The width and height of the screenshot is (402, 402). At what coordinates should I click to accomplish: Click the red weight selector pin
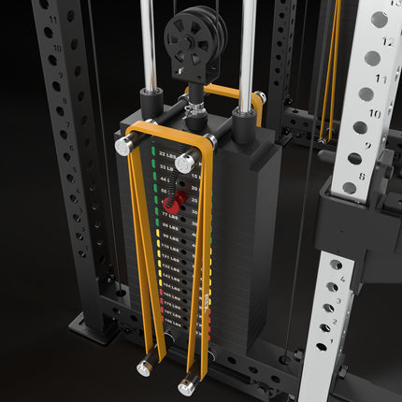pos(171,201)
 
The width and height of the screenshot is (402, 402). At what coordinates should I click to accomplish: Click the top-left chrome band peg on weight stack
pos(123,145)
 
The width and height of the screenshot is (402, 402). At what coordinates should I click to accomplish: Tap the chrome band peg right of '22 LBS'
pos(186,162)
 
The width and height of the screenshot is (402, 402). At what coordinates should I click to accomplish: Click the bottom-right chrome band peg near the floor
pos(188,383)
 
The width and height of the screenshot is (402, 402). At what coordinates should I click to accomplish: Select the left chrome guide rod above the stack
pos(148,42)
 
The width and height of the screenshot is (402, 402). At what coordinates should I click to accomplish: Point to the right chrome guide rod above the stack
pos(246,42)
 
